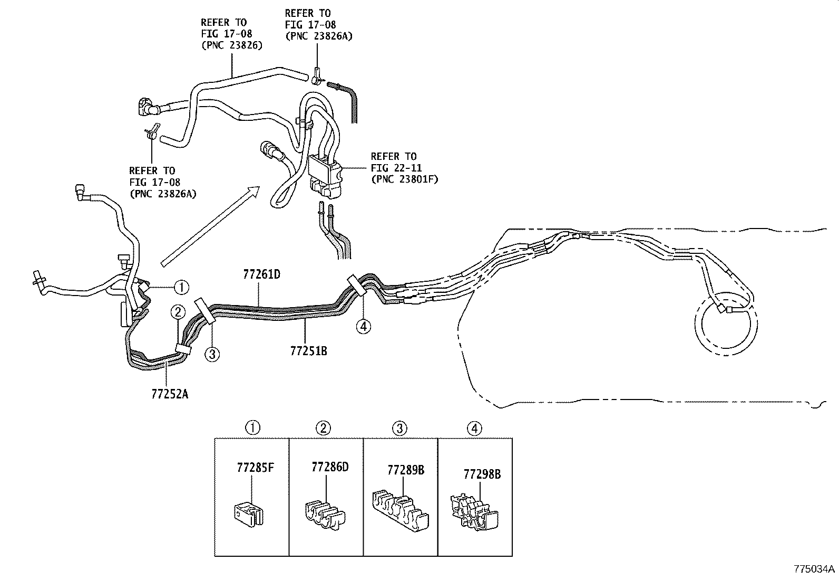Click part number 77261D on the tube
261,274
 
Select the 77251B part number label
308,350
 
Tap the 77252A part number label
169,393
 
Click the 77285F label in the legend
256,467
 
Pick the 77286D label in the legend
330,467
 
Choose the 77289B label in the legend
406,470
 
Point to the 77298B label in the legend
482,474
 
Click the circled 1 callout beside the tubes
181,287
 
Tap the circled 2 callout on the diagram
178,312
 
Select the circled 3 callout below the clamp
212,354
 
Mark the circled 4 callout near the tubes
363,327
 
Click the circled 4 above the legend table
474,428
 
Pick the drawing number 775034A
815,569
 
